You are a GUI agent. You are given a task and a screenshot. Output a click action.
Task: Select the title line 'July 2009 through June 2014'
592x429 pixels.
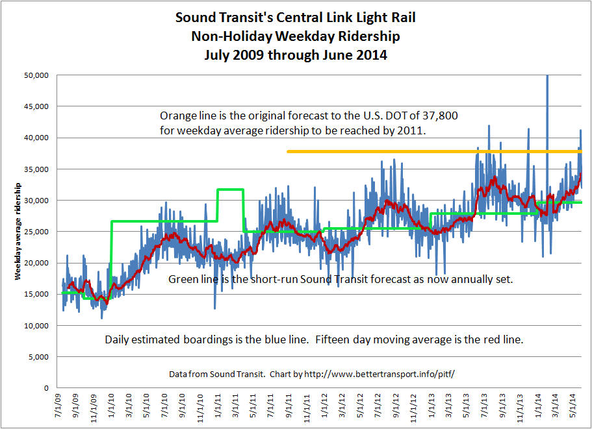click(296, 55)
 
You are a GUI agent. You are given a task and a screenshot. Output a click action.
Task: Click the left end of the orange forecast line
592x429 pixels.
click(288, 151)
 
